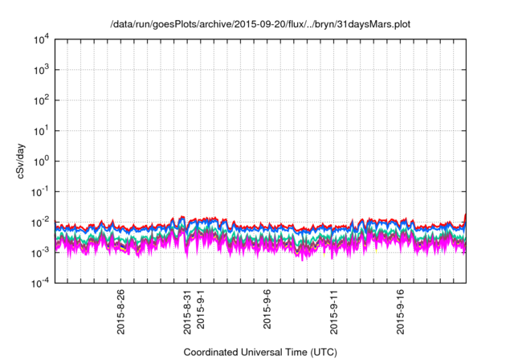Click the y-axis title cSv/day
(27, 162)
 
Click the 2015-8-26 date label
(121, 309)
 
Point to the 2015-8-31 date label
(188, 309)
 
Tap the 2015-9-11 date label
(335, 309)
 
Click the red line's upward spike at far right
(465, 215)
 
